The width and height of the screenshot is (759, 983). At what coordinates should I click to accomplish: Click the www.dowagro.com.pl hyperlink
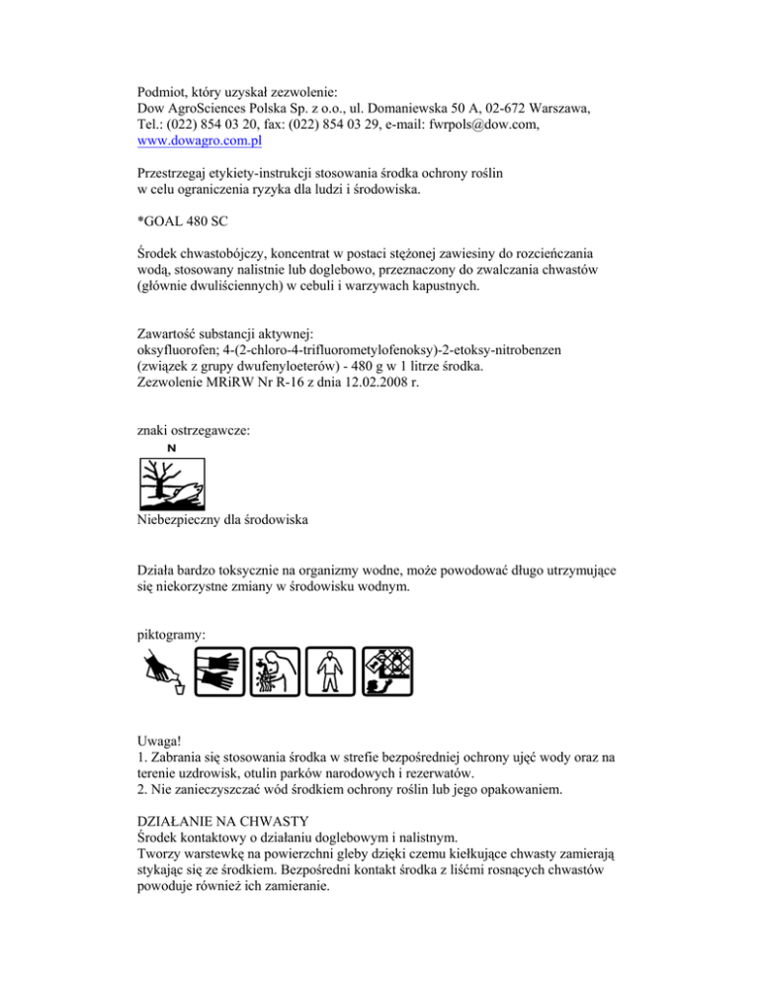click(x=193, y=141)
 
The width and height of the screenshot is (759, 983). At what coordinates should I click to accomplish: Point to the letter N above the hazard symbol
click(x=171, y=448)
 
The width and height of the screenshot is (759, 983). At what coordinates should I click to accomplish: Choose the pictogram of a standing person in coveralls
click(x=328, y=672)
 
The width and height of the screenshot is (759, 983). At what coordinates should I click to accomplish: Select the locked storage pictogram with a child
click(x=385, y=672)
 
